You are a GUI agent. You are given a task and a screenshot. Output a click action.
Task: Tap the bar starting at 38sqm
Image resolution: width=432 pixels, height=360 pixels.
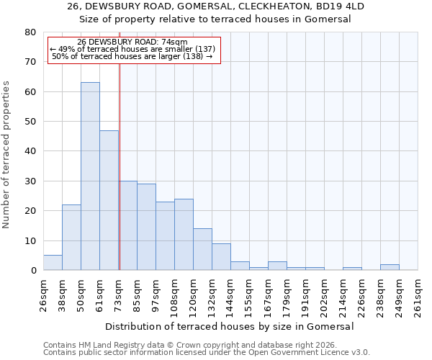[71, 238]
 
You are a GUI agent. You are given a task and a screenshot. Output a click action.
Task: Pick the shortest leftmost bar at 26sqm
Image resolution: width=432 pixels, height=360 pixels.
[53, 263]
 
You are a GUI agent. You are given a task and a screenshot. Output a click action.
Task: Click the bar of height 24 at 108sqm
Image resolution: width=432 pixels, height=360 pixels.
[184, 235]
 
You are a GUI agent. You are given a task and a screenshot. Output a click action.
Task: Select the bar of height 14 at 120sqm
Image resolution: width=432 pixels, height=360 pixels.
[202, 249]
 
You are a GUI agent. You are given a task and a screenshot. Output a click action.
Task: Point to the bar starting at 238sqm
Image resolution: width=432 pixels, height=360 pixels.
[390, 267]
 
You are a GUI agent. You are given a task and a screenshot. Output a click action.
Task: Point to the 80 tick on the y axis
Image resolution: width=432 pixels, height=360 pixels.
[30, 32]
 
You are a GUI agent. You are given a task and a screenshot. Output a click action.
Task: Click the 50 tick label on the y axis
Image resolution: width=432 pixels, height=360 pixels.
[30, 122]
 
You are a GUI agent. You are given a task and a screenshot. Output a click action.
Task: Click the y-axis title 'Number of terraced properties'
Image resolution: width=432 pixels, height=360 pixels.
[7, 155]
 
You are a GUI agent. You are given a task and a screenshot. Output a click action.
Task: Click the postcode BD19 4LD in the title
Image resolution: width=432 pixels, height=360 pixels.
[341, 6]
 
